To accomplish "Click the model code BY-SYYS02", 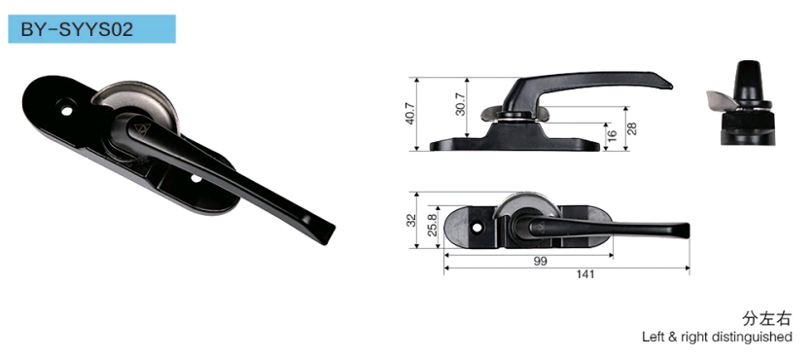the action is (x=77, y=29).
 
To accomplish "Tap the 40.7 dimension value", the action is (x=410, y=113).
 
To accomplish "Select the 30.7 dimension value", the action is (x=460, y=103).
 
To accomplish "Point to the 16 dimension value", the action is (x=612, y=136).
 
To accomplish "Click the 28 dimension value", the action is (x=632, y=129).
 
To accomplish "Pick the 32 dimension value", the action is (x=411, y=220).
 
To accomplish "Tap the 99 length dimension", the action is (x=540, y=261).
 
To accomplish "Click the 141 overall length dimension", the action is (x=585, y=274).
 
